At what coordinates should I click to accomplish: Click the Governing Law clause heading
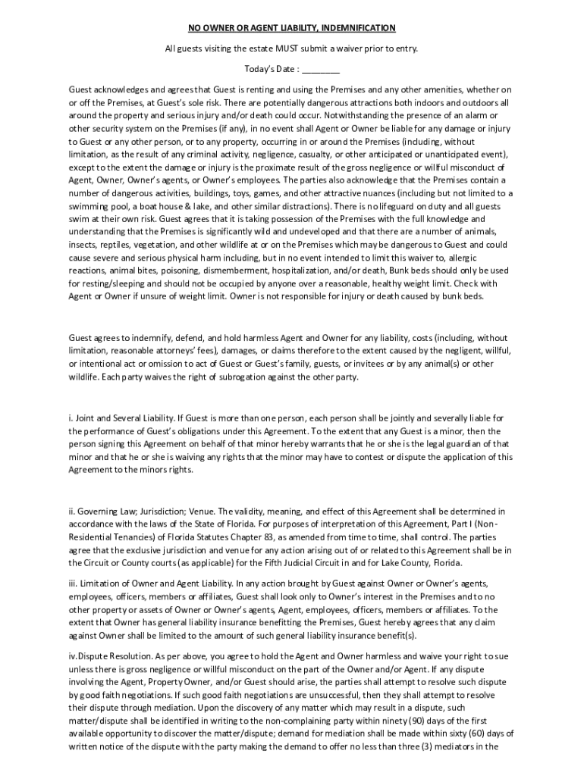143,512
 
